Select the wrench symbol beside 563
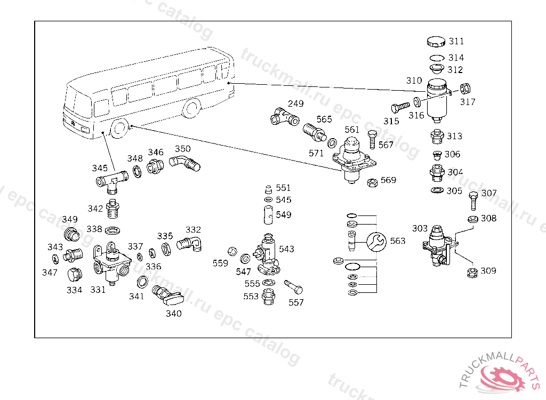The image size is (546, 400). click(x=377, y=241)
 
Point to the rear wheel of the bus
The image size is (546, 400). click(x=190, y=108)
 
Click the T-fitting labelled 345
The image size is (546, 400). click(x=112, y=180)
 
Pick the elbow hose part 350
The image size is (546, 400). click(x=184, y=162)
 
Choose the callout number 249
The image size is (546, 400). click(x=296, y=103)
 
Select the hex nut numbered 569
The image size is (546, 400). click(x=373, y=182)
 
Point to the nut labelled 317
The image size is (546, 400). click(x=464, y=89)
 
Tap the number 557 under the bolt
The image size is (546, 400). click(x=296, y=302)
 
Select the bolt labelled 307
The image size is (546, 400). click(x=473, y=201)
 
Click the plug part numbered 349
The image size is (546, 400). click(x=70, y=235)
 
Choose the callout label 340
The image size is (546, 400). click(x=173, y=314)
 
